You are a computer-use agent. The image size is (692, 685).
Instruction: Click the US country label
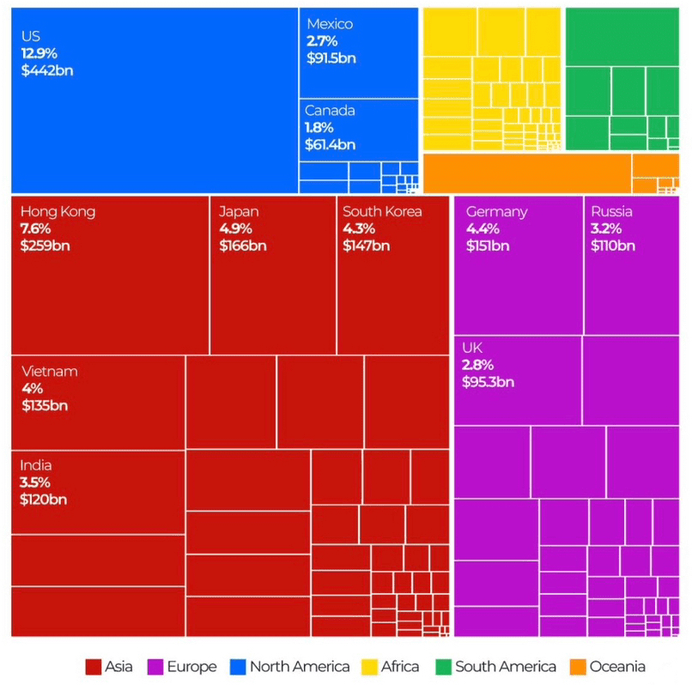[x=31, y=36]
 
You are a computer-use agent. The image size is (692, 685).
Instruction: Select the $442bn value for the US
[x=47, y=70]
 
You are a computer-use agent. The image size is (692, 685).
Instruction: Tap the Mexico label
[x=330, y=24]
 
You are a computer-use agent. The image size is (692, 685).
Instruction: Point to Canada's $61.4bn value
[x=330, y=145]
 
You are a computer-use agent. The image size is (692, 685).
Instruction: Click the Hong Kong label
[x=58, y=212]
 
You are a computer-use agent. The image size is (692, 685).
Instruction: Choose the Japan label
[x=239, y=212]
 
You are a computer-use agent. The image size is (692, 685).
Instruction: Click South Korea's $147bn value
[x=366, y=246]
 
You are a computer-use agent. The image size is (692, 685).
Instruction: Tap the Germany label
[x=496, y=212]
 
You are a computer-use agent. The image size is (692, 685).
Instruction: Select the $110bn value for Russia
[x=613, y=246]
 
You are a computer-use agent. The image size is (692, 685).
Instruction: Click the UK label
[x=472, y=348]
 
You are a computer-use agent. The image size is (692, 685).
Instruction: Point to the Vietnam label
[x=50, y=372]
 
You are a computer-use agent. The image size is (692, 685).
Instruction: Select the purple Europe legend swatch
[x=155, y=667]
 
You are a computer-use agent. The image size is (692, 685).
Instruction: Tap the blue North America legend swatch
[x=238, y=667]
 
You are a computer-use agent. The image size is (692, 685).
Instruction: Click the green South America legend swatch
[x=443, y=667]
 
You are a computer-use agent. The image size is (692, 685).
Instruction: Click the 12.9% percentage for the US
[x=39, y=53]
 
